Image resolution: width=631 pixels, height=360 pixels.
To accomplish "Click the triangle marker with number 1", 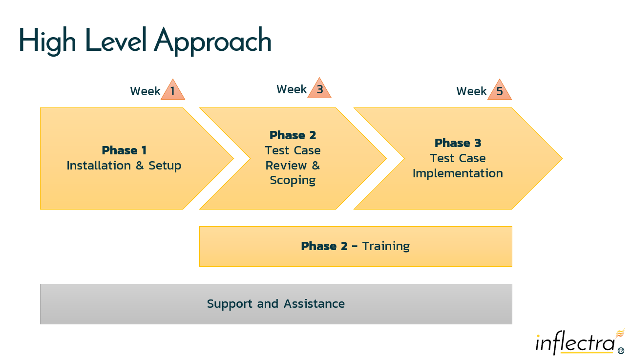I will click(173, 91).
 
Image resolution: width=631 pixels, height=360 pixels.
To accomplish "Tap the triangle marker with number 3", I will click(319, 89).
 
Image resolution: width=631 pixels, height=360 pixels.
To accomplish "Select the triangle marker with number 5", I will click(499, 91).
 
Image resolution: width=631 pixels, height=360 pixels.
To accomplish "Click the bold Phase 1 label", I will click(124, 150).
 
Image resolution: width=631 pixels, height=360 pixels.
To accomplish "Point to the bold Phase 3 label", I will click(458, 143).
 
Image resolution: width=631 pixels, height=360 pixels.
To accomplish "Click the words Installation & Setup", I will click(124, 166).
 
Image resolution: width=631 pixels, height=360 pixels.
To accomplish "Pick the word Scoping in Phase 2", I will click(293, 180).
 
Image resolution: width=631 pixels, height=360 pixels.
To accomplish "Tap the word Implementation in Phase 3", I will click(458, 173).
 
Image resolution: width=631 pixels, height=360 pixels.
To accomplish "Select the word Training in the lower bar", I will click(386, 246).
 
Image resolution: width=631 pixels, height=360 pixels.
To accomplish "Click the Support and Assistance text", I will click(276, 304).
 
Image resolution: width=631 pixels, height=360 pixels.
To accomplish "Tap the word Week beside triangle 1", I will click(145, 91).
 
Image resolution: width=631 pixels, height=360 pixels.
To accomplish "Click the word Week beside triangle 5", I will click(471, 91).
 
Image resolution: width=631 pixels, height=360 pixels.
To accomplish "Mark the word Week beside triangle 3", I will click(292, 89).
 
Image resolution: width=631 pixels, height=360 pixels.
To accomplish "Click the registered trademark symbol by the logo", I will click(621, 351).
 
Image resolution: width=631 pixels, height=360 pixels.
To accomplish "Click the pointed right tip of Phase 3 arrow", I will click(561, 158).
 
